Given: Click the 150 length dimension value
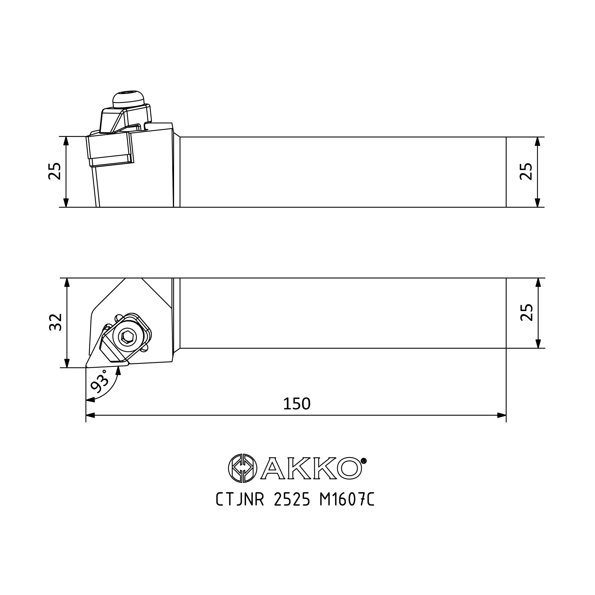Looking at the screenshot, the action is (297, 404).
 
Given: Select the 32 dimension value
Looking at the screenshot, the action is (56, 322).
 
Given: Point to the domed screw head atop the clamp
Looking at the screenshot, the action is (129, 99).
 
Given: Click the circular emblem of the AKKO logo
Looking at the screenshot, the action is (242, 468).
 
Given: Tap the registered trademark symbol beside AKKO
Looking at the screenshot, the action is (364, 461).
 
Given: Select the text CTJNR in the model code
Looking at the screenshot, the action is (240, 508).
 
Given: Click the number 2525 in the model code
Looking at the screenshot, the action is (292, 508).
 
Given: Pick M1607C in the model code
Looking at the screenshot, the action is (347, 508).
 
